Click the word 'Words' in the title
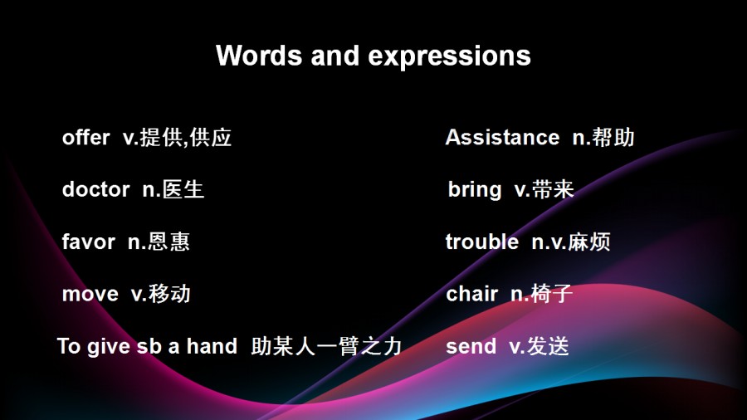(259, 56)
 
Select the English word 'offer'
(85, 137)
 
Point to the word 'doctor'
(95, 189)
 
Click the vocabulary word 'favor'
(89, 242)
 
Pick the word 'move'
(90, 294)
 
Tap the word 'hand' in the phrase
(212, 346)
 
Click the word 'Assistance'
(503, 137)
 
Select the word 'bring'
(475, 190)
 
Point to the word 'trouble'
(482, 242)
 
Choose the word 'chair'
(471, 293)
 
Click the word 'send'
(471, 346)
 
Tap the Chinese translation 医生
(183, 189)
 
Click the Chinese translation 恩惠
(168, 242)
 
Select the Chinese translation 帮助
(613, 137)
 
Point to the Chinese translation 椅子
(552, 293)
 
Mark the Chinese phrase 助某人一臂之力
(326, 346)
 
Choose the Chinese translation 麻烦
(588, 242)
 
